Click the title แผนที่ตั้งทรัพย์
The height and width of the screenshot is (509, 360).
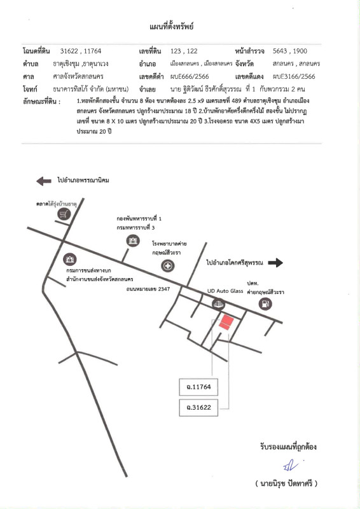coord(171,27)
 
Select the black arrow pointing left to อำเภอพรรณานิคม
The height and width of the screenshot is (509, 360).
coord(44,181)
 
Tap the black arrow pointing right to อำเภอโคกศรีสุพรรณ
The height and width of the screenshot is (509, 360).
coord(275,263)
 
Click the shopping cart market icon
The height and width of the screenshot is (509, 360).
coord(64,214)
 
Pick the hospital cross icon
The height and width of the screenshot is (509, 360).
coord(168,266)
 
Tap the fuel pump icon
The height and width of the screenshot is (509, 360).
coord(265,304)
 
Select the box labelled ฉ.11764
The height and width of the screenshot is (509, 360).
coord(198,387)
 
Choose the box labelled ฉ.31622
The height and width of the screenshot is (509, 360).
coord(198,407)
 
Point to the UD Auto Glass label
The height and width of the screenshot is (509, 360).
coord(225,291)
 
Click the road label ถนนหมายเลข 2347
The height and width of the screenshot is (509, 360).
coord(148,289)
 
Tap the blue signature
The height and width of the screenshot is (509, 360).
coord(291,466)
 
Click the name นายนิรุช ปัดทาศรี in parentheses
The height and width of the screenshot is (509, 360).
coord(286,484)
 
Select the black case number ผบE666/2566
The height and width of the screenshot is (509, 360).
coord(190,76)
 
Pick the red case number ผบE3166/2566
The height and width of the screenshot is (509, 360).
coord(294,76)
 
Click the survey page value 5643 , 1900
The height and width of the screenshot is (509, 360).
coord(290,51)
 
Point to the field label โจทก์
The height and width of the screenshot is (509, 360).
coord(30,89)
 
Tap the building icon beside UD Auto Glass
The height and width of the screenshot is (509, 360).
coord(218,305)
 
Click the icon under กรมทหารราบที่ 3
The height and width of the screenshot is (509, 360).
coord(133,241)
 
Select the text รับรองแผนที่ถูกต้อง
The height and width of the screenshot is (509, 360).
coord(288,447)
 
